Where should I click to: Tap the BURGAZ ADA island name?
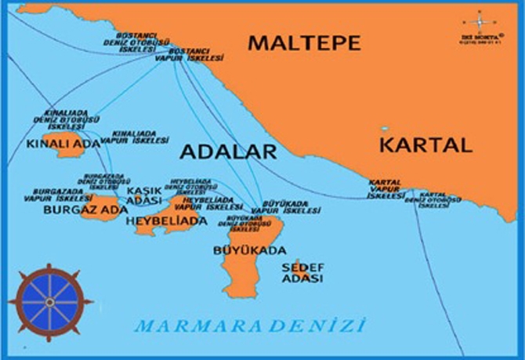74,210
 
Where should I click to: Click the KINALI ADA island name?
52,144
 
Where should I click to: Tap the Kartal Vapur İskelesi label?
385,189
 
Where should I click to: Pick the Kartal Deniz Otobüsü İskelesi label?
440,197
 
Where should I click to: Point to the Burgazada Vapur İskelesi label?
58,195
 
